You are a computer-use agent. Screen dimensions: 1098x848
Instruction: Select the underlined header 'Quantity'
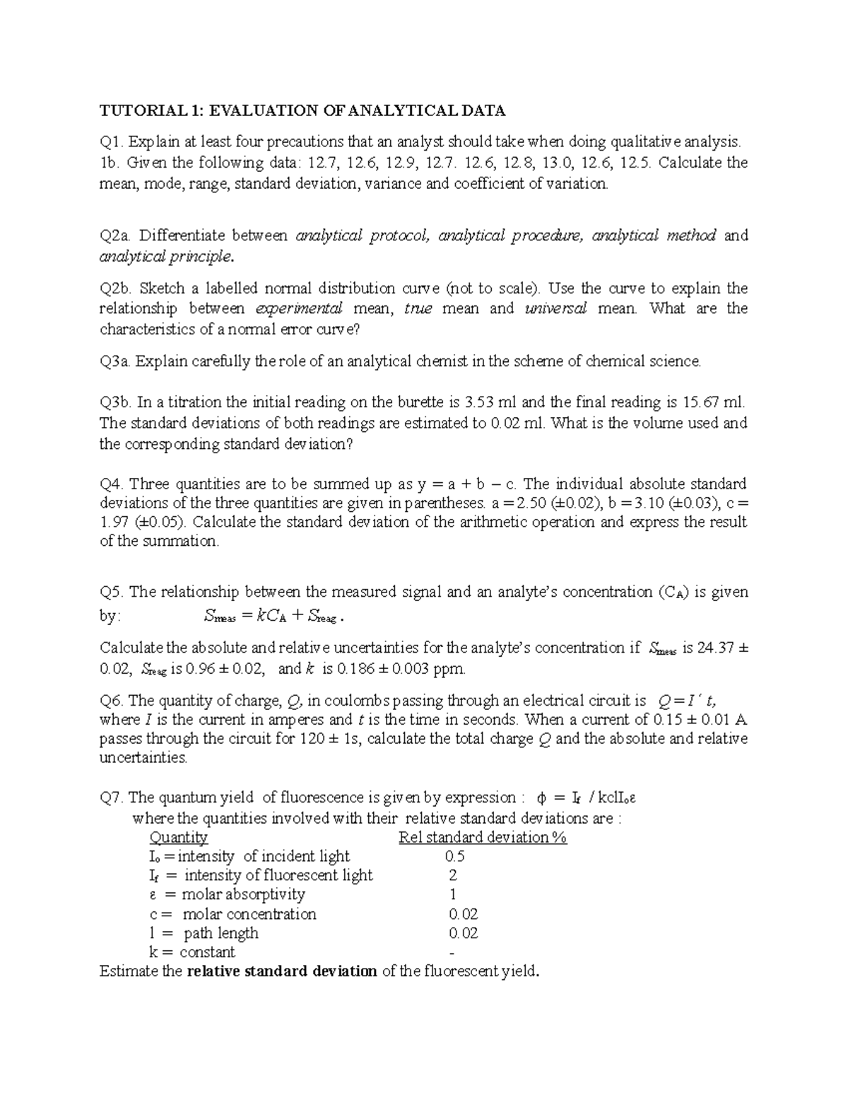pyautogui.click(x=178, y=838)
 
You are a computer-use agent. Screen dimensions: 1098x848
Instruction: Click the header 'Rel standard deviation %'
pyautogui.click(x=483, y=838)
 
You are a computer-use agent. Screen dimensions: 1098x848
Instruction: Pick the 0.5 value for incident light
pyautogui.click(x=454, y=857)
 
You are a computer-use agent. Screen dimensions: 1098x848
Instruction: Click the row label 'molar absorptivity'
pyautogui.click(x=243, y=895)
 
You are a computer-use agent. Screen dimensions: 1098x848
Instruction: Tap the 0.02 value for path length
pyautogui.click(x=463, y=933)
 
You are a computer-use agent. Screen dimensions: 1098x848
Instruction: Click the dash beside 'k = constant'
pyautogui.click(x=452, y=953)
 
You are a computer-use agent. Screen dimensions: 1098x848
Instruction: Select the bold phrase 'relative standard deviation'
pyautogui.click(x=281, y=971)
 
